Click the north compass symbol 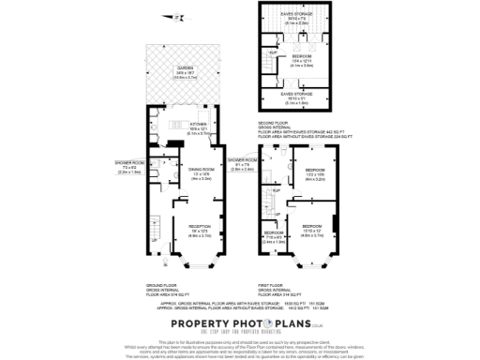tap(172, 16)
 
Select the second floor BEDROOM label tap(302, 58)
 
